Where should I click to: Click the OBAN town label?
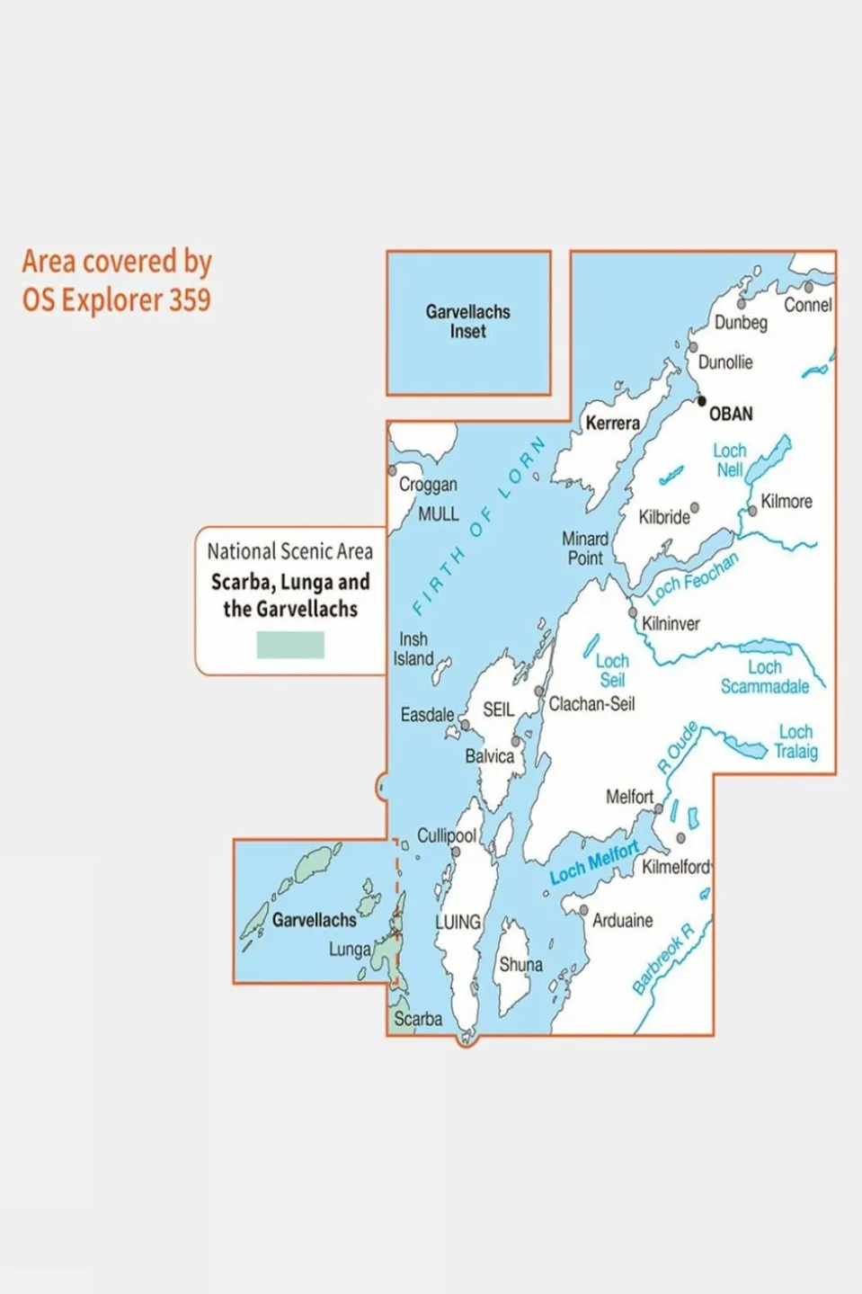(x=730, y=415)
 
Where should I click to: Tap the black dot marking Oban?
(x=702, y=402)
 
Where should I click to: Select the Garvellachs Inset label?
(x=467, y=322)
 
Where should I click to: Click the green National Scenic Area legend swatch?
(x=290, y=645)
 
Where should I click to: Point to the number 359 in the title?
(x=189, y=299)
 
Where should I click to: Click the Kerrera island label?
(x=612, y=423)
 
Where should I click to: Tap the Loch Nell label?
(x=729, y=460)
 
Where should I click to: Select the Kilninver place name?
(x=671, y=623)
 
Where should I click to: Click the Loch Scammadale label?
(x=765, y=677)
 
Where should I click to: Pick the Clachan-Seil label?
(x=591, y=704)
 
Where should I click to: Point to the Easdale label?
(x=427, y=715)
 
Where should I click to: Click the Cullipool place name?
(x=446, y=835)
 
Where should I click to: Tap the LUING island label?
(x=458, y=922)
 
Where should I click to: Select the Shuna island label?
(x=520, y=964)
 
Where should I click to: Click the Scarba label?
(x=418, y=1019)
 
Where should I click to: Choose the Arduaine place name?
(x=622, y=921)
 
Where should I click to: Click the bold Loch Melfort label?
(x=594, y=862)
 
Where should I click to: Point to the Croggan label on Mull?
(x=428, y=485)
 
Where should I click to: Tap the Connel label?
(x=807, y=305)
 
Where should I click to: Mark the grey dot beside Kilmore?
(x=752, y=511)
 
